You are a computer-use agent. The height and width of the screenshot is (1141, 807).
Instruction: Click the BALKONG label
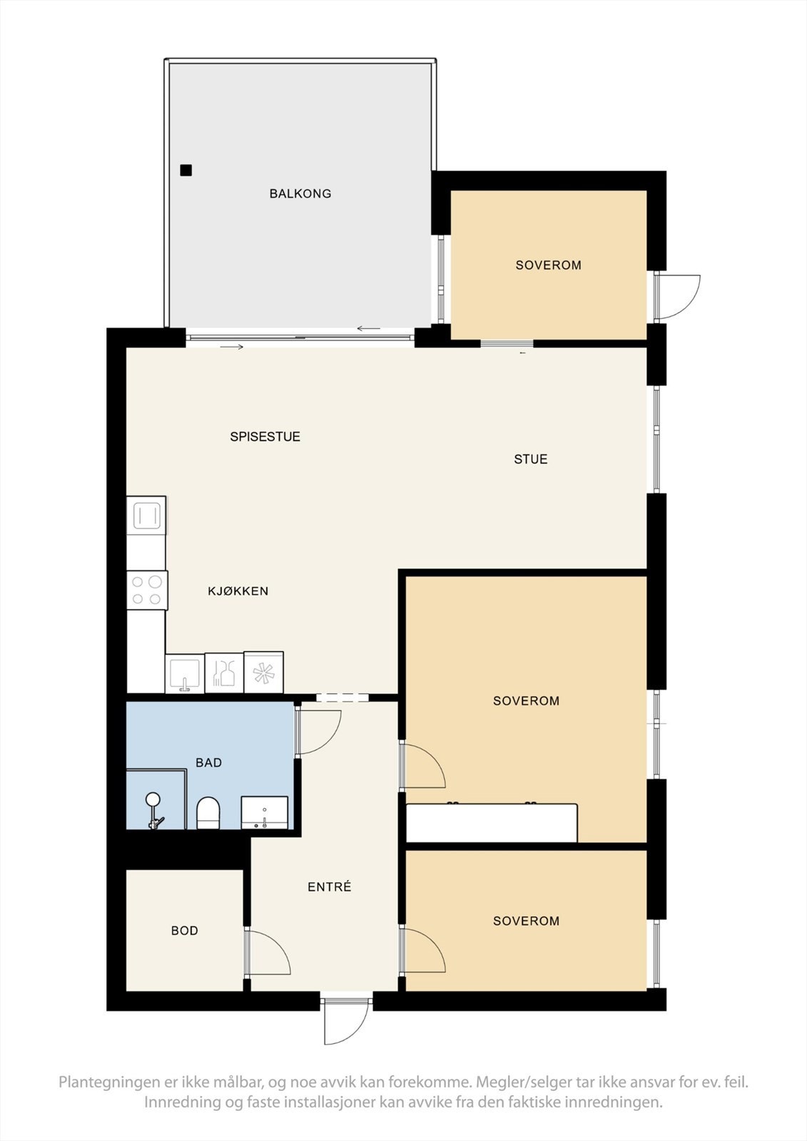pos(300,193)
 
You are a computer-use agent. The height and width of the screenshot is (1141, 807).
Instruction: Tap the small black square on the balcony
pos(186,170)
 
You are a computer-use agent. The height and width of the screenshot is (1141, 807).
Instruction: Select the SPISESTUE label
pos(265,436)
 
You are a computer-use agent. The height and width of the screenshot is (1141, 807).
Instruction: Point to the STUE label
pos(531,459)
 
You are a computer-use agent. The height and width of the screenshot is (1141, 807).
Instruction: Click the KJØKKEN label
pos(238,591)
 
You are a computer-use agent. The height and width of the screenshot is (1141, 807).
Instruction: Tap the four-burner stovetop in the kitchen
pos(147,590)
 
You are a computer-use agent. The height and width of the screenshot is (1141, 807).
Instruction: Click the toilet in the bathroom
pos(208,812)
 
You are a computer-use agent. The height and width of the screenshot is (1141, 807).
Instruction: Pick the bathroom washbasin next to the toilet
pos(264,812)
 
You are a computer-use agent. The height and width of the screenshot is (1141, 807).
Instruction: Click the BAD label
pos(209,762)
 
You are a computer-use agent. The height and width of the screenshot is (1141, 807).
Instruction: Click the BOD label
pos(185,931)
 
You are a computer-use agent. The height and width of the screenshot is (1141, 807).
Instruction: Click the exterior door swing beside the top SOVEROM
pos(678,298)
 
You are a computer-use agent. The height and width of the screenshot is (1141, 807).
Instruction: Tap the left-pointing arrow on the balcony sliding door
pos(369,329)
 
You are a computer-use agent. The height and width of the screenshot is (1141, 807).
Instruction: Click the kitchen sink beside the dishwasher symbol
pos(185,673)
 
